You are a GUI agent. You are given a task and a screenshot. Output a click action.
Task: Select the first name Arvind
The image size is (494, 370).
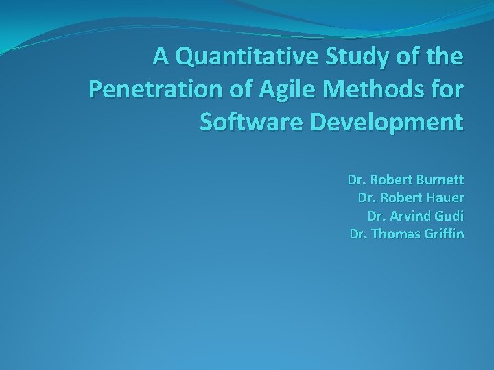click(413, 217)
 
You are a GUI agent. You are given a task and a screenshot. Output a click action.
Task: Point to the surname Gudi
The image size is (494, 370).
click(451, 217)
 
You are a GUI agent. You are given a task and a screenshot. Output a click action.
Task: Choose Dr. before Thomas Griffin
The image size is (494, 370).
click(358, 234)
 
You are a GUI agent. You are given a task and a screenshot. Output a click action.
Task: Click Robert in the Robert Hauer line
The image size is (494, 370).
click(399, 199)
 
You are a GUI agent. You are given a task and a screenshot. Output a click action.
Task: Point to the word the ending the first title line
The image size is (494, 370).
click(445, 58)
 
